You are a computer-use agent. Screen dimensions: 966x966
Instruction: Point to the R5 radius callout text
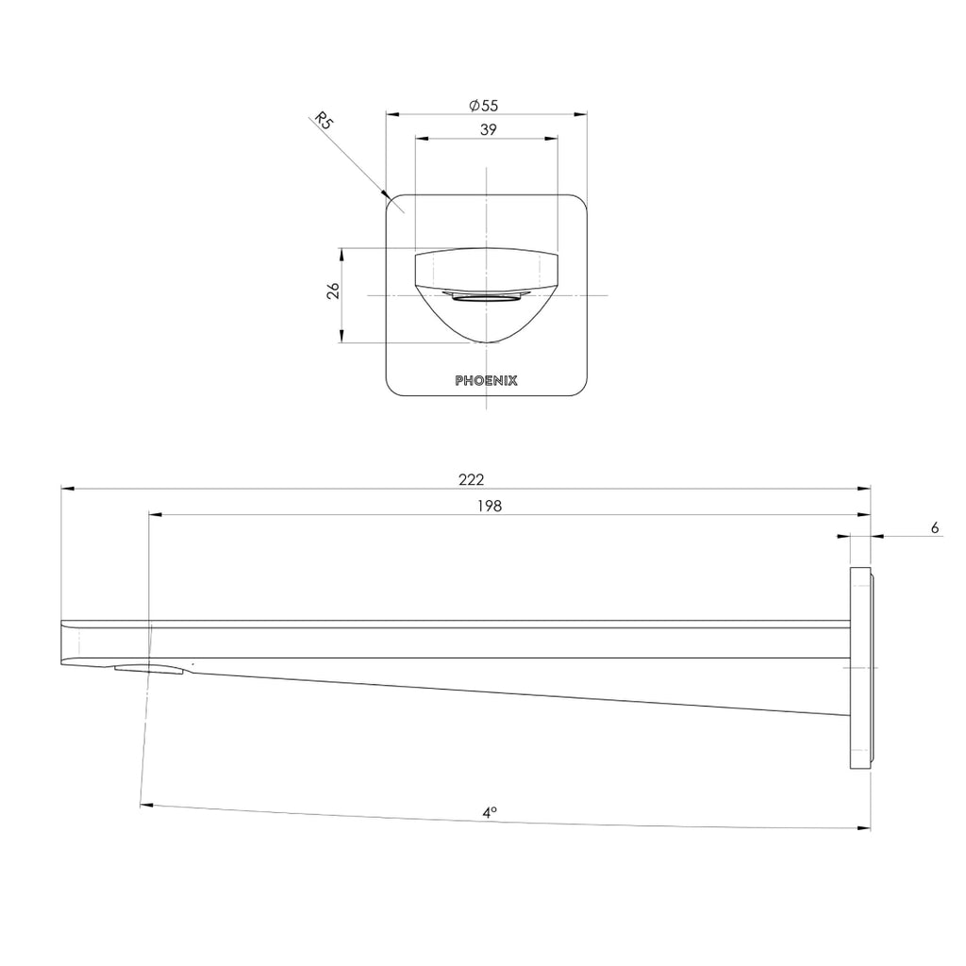[x=324, y=121]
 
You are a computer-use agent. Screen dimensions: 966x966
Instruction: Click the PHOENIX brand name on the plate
[x=486, y=381]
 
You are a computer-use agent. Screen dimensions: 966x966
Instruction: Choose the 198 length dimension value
[x=489, y=506]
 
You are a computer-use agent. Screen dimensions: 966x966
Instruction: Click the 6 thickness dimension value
[x=934, y=528]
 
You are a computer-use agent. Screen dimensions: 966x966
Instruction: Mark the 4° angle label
[x=490, y=811]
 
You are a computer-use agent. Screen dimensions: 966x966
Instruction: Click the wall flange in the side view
[x=861, y=668]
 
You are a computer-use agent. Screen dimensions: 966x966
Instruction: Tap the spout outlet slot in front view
[x=486, y=298]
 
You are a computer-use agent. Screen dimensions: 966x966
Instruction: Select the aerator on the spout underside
[x=151, y=670]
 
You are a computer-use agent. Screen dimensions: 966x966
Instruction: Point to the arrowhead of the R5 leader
[x=385, y=196]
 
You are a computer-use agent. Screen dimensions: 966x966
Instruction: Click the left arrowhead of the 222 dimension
[x=66, y=489]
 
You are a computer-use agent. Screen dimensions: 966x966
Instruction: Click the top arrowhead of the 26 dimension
[x=342, y=254]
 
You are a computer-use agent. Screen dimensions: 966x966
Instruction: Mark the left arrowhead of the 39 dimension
[x=422, y=139]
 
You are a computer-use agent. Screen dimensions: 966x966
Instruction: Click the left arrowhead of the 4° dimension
[x=145, y=806]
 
